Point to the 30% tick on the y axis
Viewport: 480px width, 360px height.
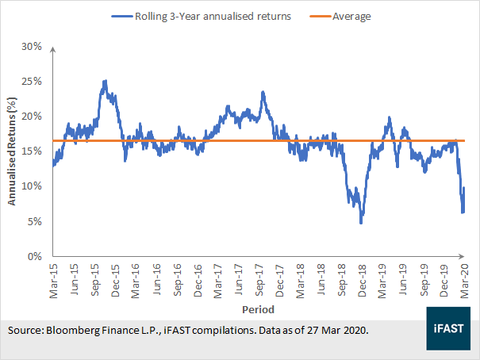pos(31,46)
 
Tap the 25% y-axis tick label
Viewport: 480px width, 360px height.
pos(31,81)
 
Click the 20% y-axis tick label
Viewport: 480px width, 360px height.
pos(31,116)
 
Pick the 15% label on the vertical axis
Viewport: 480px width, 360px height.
pos(31,151)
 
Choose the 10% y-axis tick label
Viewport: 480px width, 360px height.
pos(31,186)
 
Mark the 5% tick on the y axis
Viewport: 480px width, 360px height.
pos(33,221)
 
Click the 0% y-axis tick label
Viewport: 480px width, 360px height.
pos(33,257)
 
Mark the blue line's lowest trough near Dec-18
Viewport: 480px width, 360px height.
pos(361,223)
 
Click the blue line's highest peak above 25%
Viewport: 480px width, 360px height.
pos(106,81)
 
